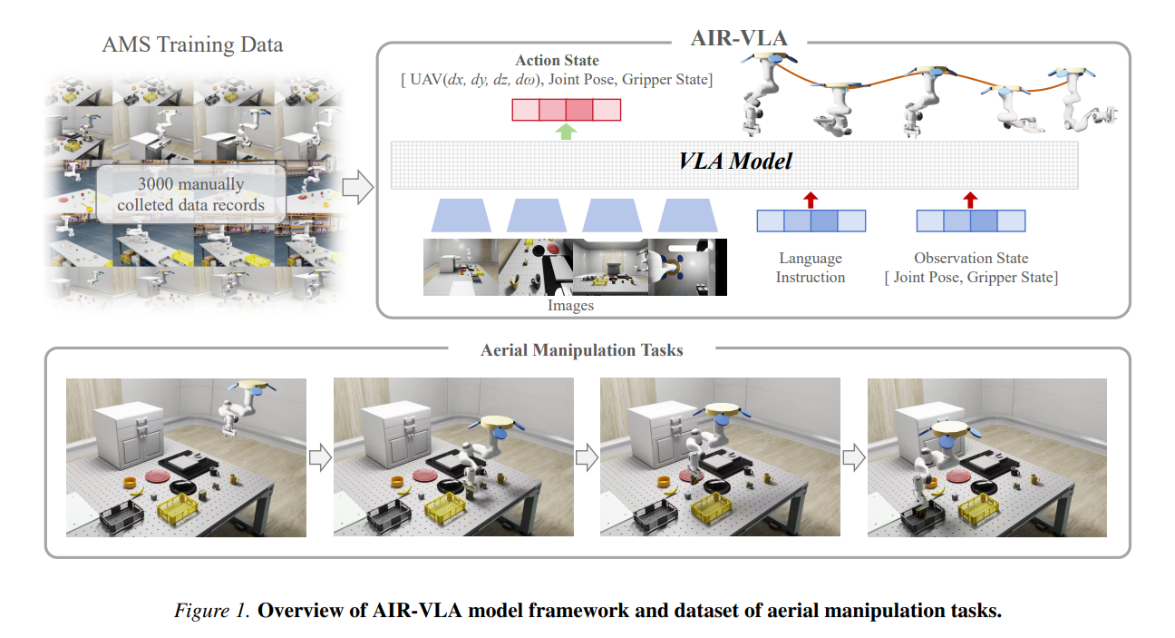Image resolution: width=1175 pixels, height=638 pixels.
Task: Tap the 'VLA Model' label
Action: [x=735, y=162]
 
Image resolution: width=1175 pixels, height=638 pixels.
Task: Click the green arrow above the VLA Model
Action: [x=566, y=132]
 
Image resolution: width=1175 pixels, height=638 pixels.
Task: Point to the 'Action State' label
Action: [x=557, y=61]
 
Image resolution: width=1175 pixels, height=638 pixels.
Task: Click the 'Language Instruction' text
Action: [x=811, y=268]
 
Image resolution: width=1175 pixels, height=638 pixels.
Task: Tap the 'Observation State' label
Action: [x=970, y=259]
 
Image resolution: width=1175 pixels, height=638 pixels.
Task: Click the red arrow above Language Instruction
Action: [x=811, y=200]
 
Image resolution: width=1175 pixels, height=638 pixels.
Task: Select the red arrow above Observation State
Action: [x=970, y=200]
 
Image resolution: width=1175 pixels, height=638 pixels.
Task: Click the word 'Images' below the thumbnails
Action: [x=570, y=306]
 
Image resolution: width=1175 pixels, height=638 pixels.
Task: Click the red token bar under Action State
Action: [x=566, y=110]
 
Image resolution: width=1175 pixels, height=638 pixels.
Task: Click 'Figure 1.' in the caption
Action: [x=210, y=610]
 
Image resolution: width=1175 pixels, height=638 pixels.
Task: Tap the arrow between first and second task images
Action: [x=320, y=457]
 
